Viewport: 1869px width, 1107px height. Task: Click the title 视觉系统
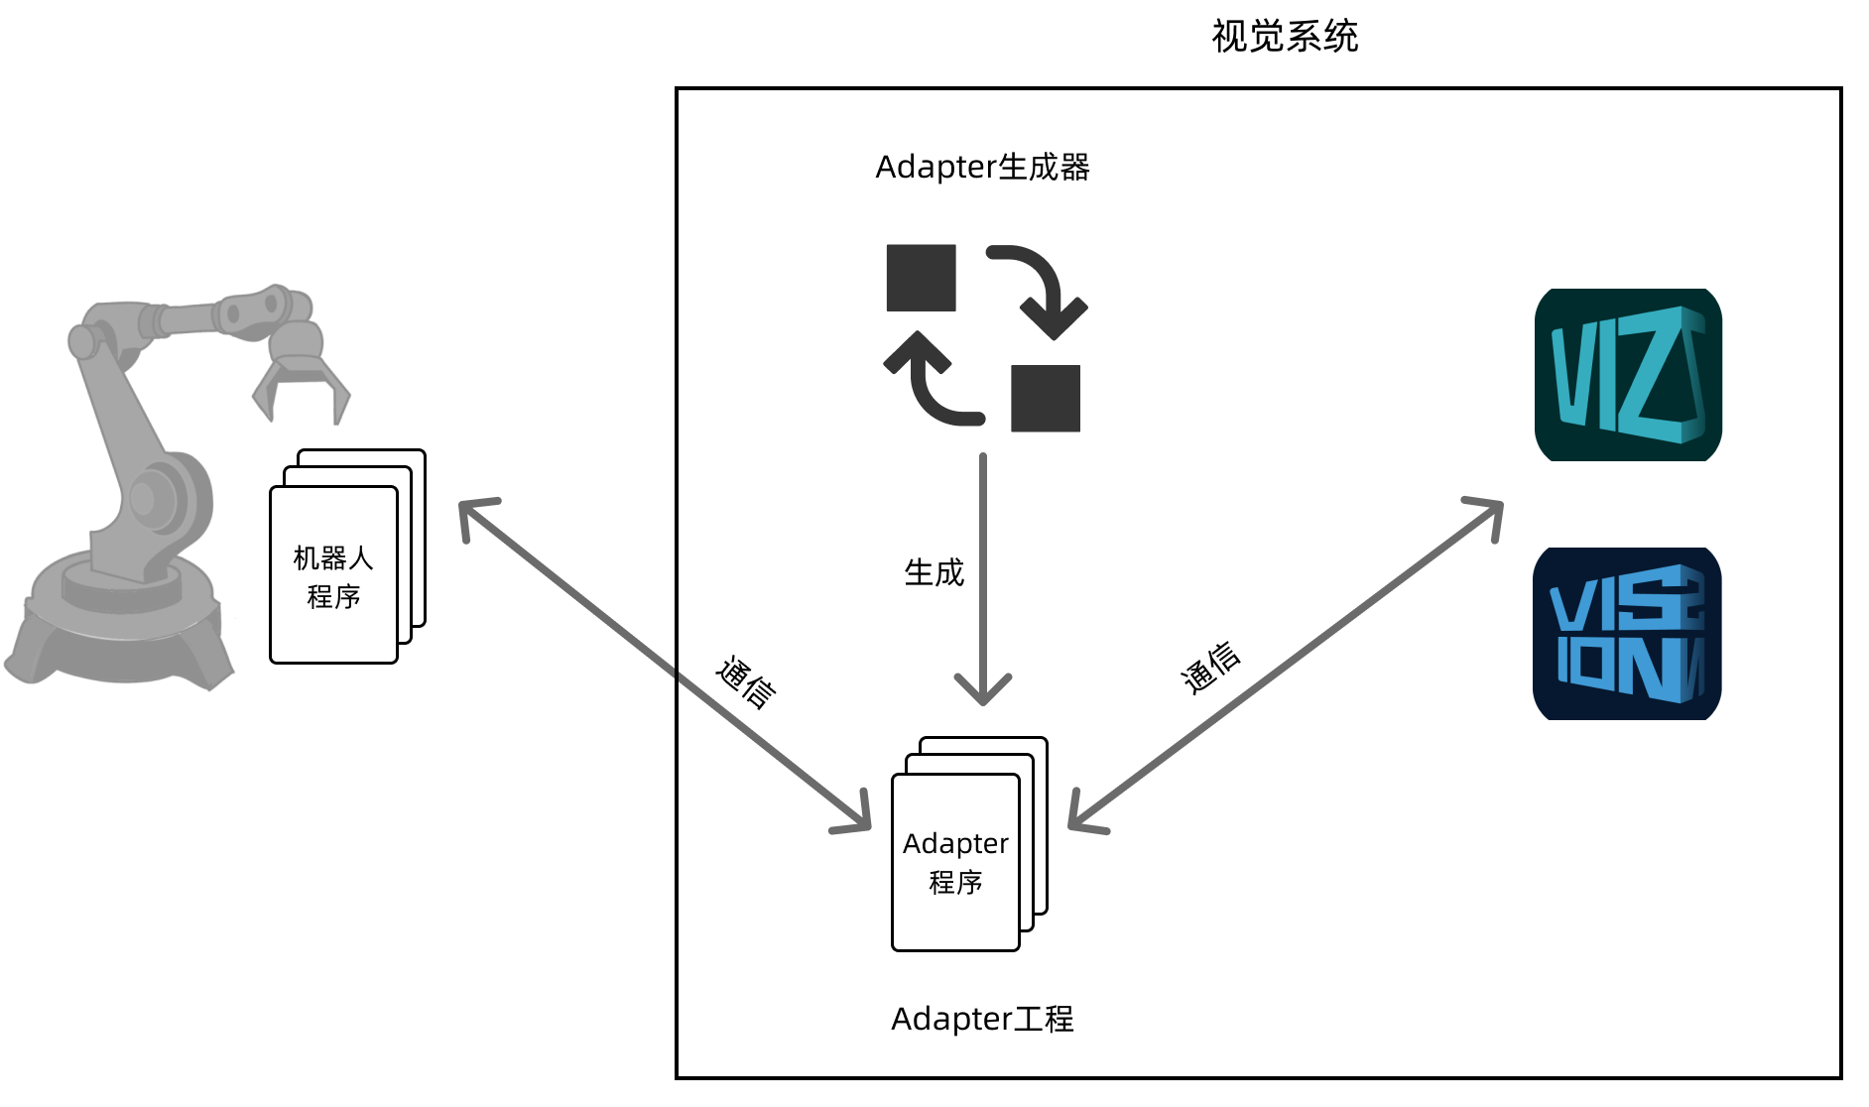point(1284,37)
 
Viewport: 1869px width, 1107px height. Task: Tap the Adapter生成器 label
point(982,167)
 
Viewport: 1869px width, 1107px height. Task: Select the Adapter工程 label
point(982,1019)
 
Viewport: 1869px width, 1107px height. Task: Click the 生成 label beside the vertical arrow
point(934,572)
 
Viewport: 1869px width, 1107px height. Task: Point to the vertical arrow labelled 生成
point(982,575)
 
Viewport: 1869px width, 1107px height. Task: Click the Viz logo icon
point(1628,375)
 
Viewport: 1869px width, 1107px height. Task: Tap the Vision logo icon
point(1627,634)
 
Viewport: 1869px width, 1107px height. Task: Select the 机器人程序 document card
point(334,575)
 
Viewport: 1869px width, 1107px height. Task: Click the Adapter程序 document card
point(955,862)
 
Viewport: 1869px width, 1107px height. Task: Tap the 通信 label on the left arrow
point(746,681)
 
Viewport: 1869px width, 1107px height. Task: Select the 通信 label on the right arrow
point(1210,667)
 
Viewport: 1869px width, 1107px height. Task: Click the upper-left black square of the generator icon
point(921,278)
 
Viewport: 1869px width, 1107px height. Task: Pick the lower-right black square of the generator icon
point(1046,398)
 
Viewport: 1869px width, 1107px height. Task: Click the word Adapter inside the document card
point(955,843)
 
